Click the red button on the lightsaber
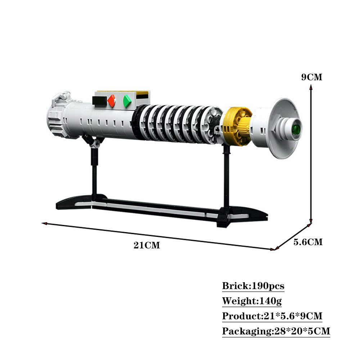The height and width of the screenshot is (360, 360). (112, 101)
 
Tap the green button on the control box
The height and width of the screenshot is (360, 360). (127, 101)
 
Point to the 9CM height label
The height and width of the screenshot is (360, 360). (311, 77)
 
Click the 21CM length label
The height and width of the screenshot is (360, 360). (147, 245)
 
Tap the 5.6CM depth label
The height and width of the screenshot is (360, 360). (308, 242)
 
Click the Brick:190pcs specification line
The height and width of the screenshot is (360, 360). (253, 286)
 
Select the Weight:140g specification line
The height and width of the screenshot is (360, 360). (252, 301)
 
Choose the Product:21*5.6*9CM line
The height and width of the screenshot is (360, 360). (272, 316)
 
